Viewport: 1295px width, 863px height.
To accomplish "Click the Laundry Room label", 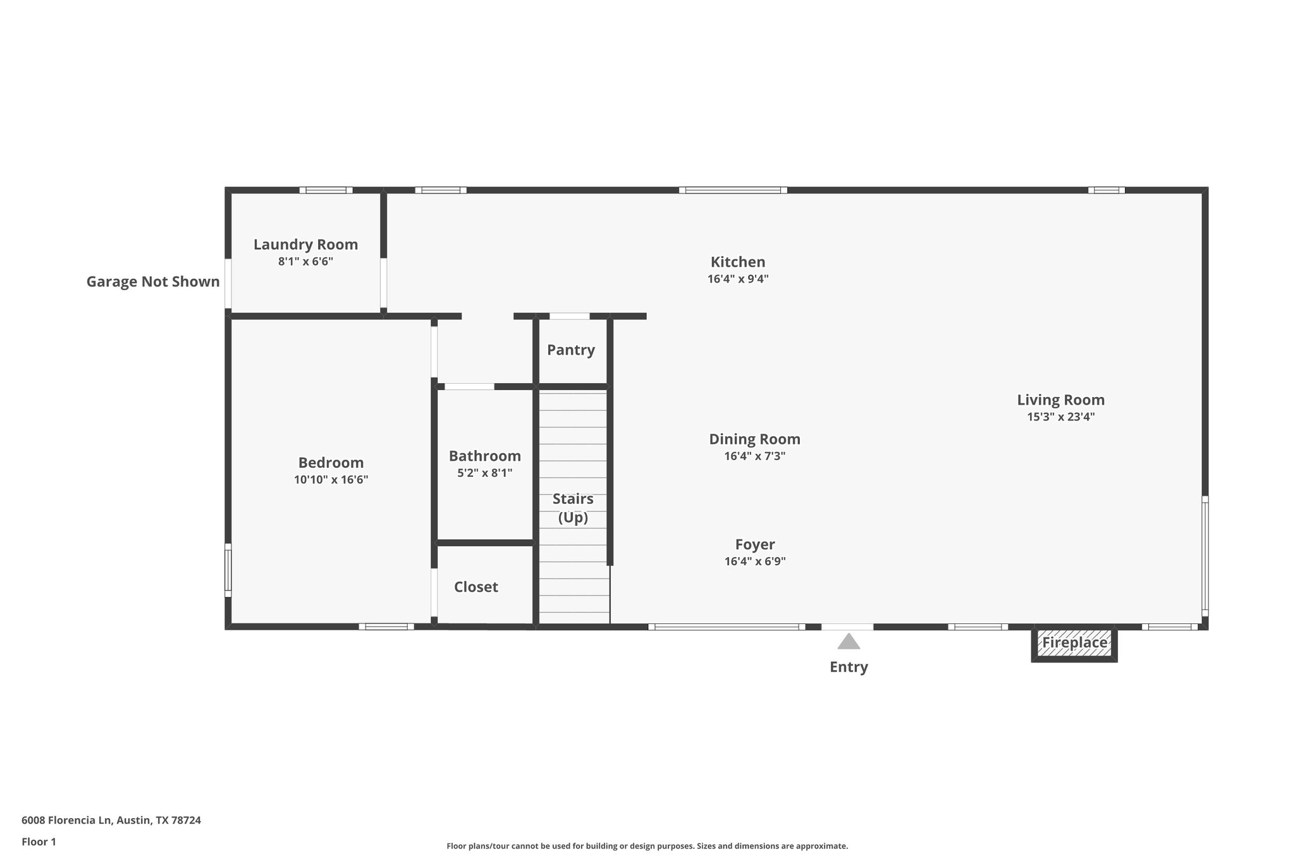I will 305,245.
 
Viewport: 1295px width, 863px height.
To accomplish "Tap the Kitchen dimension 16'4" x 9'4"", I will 737,279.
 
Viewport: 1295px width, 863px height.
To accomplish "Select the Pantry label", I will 570,350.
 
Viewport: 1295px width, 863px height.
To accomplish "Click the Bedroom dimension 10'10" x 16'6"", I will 331,480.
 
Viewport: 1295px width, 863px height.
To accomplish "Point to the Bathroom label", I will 484,456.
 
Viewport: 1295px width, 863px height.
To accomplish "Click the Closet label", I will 476,587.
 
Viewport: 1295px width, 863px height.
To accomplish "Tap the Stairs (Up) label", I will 573,508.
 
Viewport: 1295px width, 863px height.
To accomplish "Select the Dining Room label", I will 754,439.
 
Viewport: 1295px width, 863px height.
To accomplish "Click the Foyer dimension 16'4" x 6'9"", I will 754,561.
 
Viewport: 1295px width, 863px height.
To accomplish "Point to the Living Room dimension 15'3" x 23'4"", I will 1060,417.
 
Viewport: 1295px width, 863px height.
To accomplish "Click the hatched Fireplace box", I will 1074,644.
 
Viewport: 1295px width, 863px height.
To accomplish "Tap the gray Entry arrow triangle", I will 849,642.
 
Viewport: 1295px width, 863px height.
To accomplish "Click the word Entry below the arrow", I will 849,667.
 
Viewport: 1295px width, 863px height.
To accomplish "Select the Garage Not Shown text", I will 153,282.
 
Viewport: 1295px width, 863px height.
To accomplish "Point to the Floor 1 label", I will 39,842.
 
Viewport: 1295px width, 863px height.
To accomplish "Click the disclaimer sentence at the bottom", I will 647,846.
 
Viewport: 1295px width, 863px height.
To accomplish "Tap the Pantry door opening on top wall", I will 569,316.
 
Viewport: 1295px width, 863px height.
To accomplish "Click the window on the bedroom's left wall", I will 228,570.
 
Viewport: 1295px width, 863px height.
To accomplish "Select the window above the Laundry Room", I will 326,190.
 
